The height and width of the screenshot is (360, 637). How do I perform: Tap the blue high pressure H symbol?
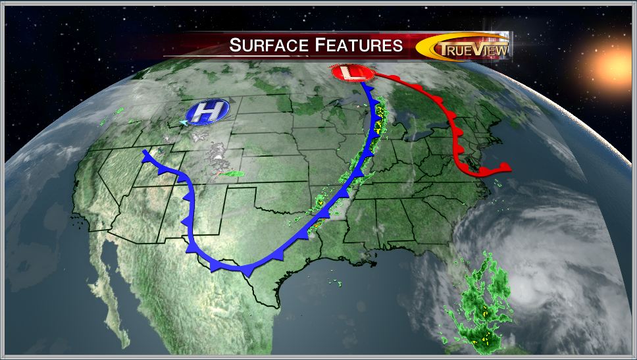coord(207,113)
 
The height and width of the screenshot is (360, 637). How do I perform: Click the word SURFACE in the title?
coord(267,45)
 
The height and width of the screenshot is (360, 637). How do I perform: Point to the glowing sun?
coord(616,63)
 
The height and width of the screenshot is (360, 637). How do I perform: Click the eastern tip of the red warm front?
coord(507,166)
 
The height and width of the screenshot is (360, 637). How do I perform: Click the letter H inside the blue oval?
coord(207,113)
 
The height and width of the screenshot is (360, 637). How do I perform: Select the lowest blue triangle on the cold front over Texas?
coord(247,271)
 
